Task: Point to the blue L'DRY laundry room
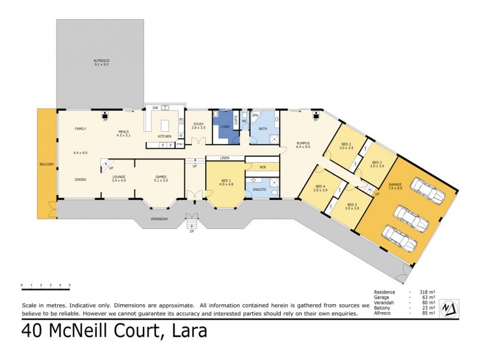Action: click(227, 127)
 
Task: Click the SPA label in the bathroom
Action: click(255, 115)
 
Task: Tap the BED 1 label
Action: click(224, 181)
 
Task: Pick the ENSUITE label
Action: click(259, 190)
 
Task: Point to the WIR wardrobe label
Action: click(263, 167)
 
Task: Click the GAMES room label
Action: click(161, 178)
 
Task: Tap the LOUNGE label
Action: click(118, 178)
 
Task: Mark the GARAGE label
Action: click(395, 185)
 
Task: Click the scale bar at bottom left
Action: click(46, 285)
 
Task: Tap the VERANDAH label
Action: click(158, 218)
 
